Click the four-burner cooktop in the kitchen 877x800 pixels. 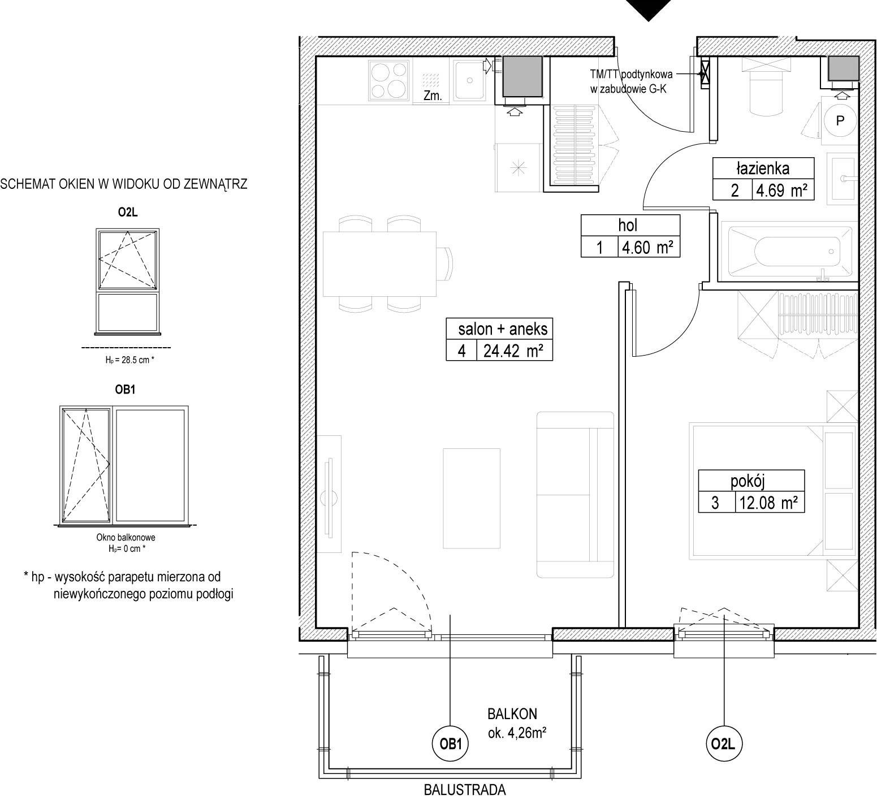388,80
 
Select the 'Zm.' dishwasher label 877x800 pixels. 433,96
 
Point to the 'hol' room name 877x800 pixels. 628,226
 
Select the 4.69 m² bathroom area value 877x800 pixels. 782,191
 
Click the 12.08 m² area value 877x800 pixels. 768,503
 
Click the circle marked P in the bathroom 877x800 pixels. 840,120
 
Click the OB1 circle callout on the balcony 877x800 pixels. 451,745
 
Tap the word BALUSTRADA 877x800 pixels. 465,790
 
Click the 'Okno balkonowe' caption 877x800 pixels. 126,538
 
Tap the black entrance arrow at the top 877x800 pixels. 650,10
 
